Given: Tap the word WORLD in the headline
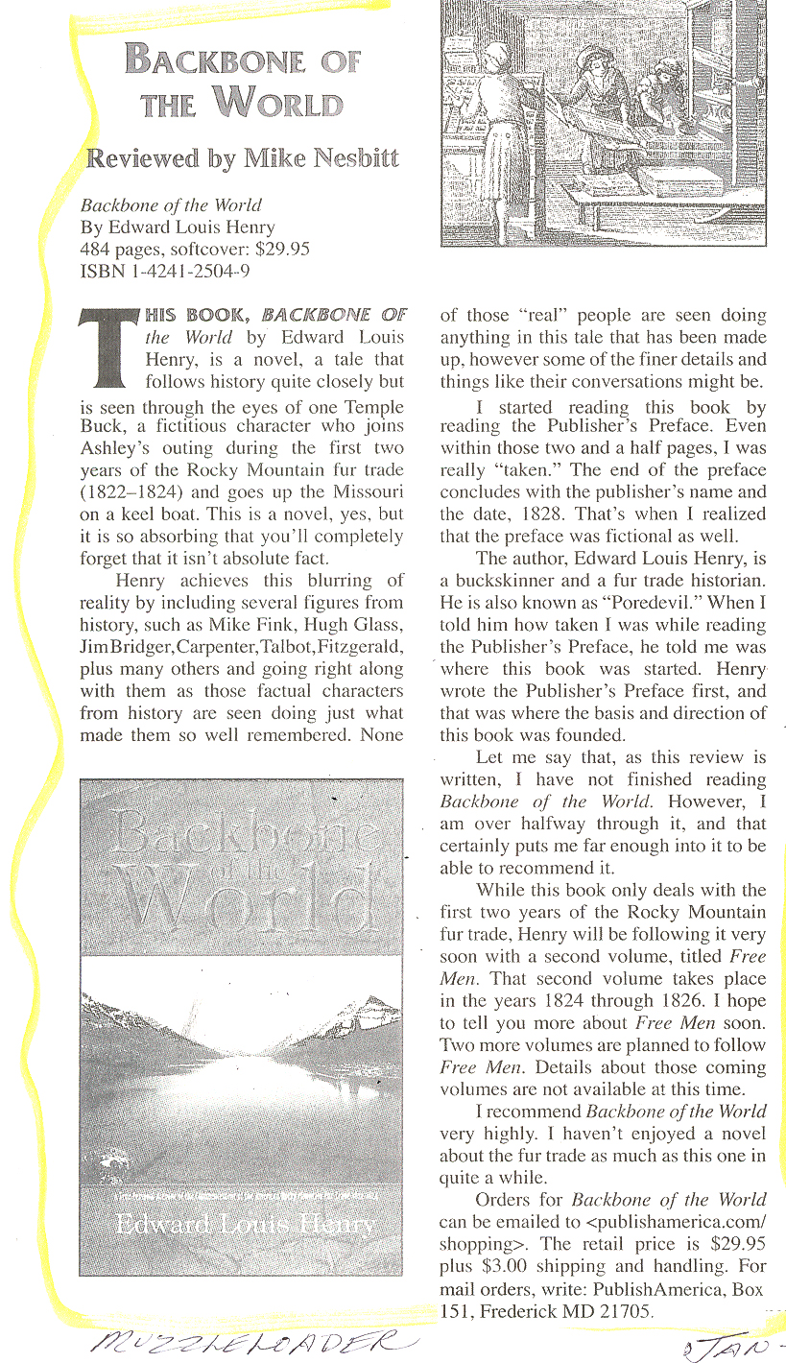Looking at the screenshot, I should point(279,101).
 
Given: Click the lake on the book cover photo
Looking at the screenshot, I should point(240,1075).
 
